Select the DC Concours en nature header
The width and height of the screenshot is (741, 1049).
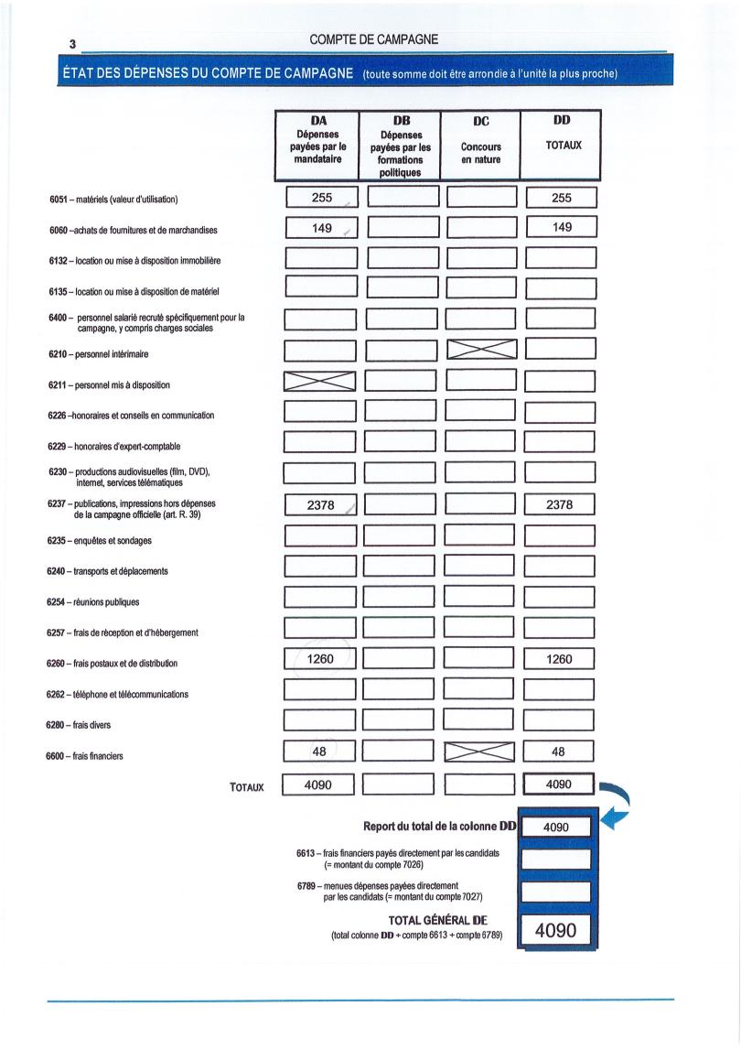click(x=481, y=145)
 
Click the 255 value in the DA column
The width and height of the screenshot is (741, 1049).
click(x=321, y=198)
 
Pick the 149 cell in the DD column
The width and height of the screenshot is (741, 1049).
click(x=562, y=227)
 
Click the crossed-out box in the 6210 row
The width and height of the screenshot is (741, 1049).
click(x=481, y=349)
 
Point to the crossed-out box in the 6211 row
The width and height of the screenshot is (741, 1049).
click(x=319, y=381)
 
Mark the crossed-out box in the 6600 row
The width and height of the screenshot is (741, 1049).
click(x=480, y=752)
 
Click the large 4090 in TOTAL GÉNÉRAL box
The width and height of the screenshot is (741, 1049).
click(x=555, y=931)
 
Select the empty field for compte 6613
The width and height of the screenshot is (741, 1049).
click(x=556, y=859)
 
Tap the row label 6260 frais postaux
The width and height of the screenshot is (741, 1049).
click(x=113, y=664)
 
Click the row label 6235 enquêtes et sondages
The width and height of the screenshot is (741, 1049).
click(x=100, y=541)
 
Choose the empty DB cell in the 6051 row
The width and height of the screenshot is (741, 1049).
click(x=403, y=198)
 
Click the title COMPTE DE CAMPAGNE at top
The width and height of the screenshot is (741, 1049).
click(x=374, y=39)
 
